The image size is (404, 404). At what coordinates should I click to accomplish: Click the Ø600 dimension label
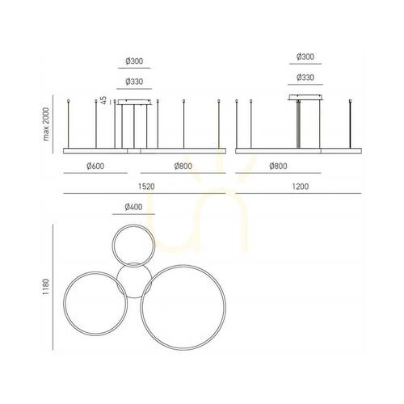[x=95, y=166]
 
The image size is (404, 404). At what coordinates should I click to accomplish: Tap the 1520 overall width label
[x=146, y=187]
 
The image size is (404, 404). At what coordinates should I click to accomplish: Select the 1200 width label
[x=301, y=187]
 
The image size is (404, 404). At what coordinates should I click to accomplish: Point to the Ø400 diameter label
[x=133, y=207]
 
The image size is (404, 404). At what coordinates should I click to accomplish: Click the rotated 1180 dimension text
[x=46, y=287]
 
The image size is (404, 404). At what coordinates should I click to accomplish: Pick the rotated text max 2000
[x=46, y=124]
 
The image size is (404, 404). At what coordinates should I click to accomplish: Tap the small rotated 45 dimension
[x=104, y=100]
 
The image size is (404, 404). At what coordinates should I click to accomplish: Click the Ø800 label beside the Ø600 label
[x=183, y=166]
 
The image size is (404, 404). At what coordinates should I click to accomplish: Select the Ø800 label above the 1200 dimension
[x=278, y=166]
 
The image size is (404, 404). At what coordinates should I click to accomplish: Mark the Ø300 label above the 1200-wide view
[x=305, y=57]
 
